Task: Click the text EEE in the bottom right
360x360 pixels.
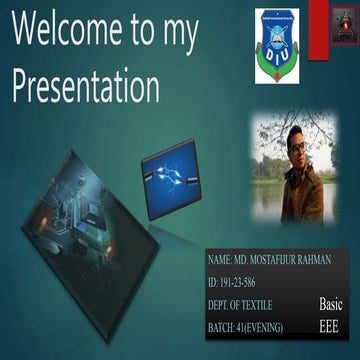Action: (329, 327)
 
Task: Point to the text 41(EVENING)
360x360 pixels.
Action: (263, 328)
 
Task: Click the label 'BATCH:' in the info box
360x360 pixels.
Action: (223, 328)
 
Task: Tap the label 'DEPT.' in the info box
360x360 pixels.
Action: (221, 305)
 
